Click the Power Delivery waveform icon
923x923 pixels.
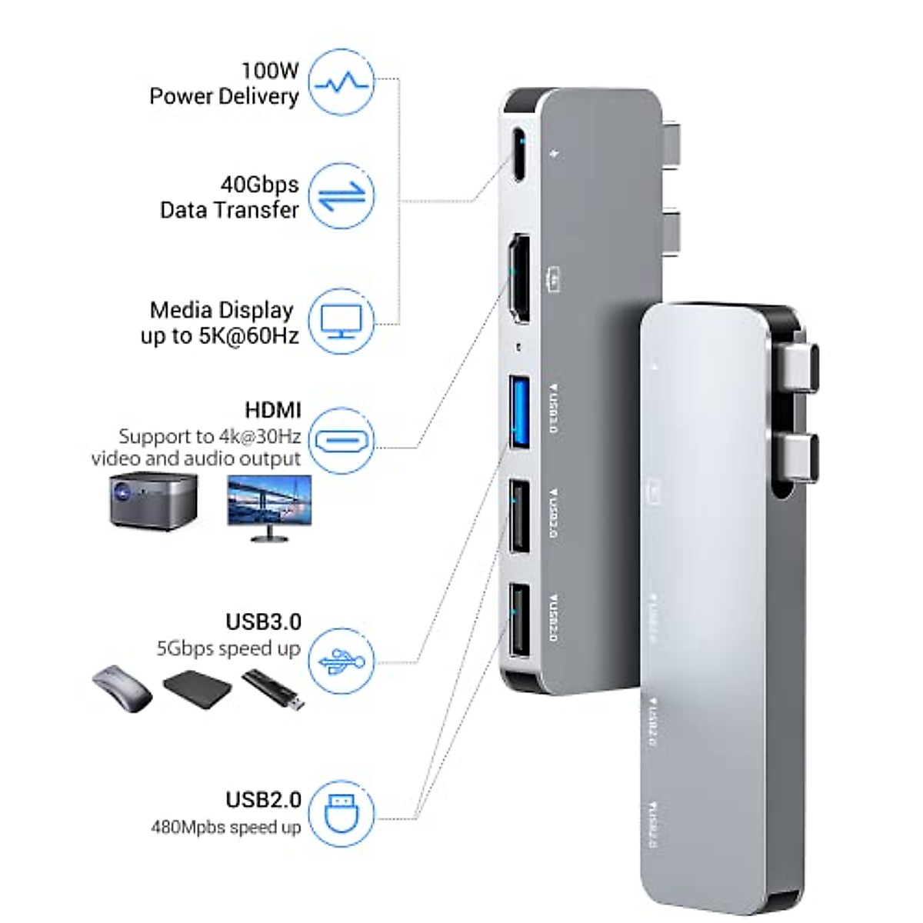[x=342, y=83]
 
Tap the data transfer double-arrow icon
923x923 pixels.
[x=342, y=195]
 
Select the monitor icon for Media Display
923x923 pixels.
[x=342, y=322]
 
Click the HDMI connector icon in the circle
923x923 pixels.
[x=342, y=441]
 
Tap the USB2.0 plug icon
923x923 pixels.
[x=342, y=813]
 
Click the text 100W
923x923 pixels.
[x=269, y=71]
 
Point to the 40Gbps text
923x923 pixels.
[x=259, y=185]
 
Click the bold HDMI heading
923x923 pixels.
[x=273, y=409]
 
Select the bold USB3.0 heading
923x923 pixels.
[x=263, y=621]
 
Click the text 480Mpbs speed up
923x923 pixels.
[x=225, y=828]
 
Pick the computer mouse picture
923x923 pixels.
[x=122, y=687]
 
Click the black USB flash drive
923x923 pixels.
[x=274, y=687]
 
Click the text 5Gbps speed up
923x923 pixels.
[x=228, y=648]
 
